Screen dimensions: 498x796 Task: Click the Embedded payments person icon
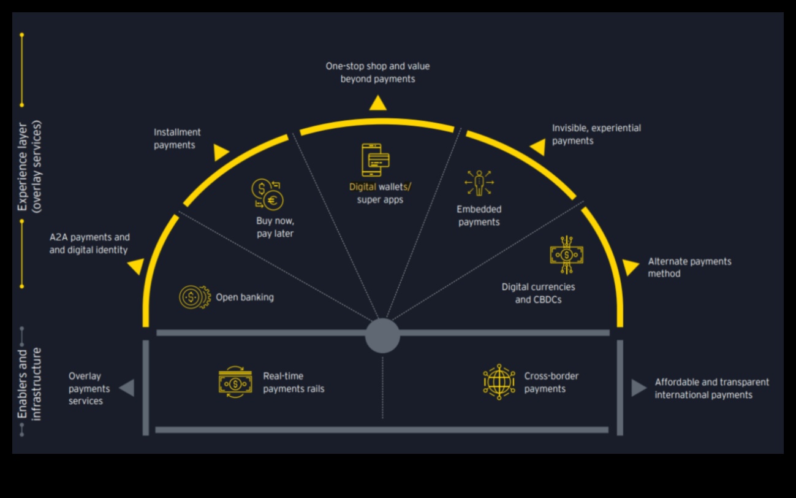479,183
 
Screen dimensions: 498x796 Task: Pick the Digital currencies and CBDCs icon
566,254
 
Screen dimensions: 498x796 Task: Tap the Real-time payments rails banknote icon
235,382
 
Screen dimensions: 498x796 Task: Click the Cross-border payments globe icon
499,382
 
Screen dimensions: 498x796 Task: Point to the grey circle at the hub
382,335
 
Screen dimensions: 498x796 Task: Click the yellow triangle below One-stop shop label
378,104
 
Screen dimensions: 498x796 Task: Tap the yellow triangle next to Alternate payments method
630,267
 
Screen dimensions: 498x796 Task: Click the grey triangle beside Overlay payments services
127,388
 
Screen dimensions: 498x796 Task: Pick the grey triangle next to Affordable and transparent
639,388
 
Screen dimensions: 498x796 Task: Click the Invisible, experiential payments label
596,134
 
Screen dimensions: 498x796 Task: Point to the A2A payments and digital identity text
89,243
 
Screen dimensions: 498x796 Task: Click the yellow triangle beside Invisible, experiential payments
539,147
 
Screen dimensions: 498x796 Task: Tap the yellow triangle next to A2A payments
137,266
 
